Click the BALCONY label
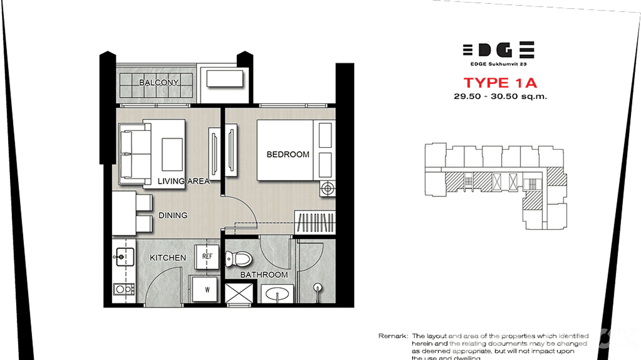(159, 83)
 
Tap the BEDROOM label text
(288, 154)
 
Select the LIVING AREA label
(183, 181)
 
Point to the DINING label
(173, 215)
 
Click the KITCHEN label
(168, 258)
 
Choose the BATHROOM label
(264, 275)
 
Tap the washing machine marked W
(207, 288)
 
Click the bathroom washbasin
(277, 293)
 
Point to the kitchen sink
(121, 257)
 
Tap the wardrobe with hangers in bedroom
(314, 222)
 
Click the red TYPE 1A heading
(500, 83)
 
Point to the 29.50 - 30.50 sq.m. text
(500, 96)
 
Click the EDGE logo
(498, 50)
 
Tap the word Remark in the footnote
(393, 336)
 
